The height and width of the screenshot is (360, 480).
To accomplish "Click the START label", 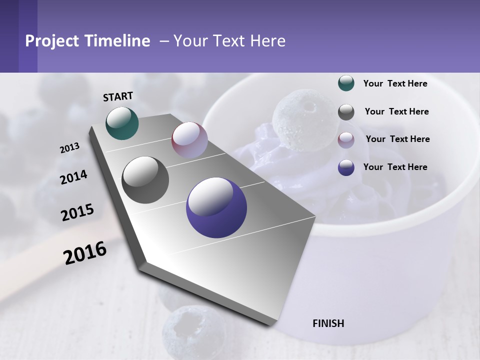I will pos(118,96).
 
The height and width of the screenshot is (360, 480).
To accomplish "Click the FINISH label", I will pos(328,323).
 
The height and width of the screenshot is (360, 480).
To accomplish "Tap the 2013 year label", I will pos(69,148).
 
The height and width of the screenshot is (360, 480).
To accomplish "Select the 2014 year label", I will pos(73,177).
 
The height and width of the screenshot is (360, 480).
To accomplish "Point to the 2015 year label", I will pos(77,212).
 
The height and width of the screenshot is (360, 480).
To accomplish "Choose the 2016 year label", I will pos(85,253).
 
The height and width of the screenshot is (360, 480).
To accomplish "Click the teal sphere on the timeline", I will pos(122,123).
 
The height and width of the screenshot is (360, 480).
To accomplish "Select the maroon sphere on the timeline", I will pos(189,139).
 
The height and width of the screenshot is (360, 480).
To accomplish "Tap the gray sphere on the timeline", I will pos(145,180).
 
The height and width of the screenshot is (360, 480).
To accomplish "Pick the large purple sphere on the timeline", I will pos(216,208).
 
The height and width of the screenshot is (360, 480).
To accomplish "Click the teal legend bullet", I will pos(346,83).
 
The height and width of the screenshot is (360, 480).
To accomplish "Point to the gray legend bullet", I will pos(346,112).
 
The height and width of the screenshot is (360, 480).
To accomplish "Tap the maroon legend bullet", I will pos(346,139).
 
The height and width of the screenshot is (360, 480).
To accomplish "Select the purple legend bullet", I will pos(346,167).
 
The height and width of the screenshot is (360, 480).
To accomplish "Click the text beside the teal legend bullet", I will pos(395,83).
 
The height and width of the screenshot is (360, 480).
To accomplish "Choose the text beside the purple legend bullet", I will pos(395,167).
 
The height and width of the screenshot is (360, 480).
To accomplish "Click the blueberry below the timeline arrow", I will pos(192,331).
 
